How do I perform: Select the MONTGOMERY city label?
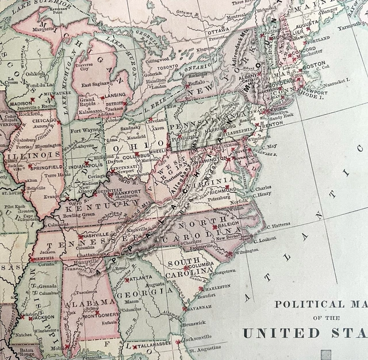click(100, 315)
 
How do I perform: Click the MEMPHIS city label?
click(43, 259)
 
